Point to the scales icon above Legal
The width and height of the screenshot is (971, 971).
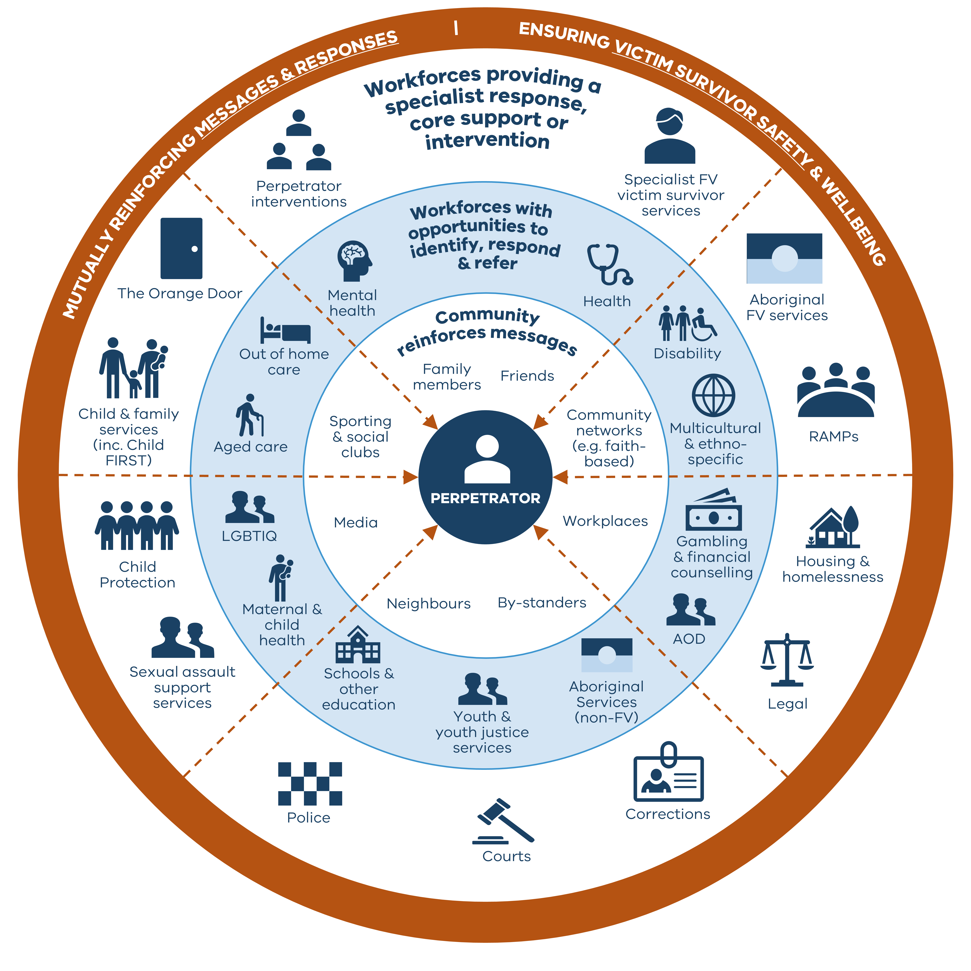click(787, 660)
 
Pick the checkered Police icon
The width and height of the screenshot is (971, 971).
click(310, 784)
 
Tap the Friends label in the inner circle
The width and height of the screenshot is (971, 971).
click(527, 376)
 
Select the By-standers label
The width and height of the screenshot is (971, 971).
click(542, 603)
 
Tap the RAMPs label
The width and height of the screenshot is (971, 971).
click(833, 436)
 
